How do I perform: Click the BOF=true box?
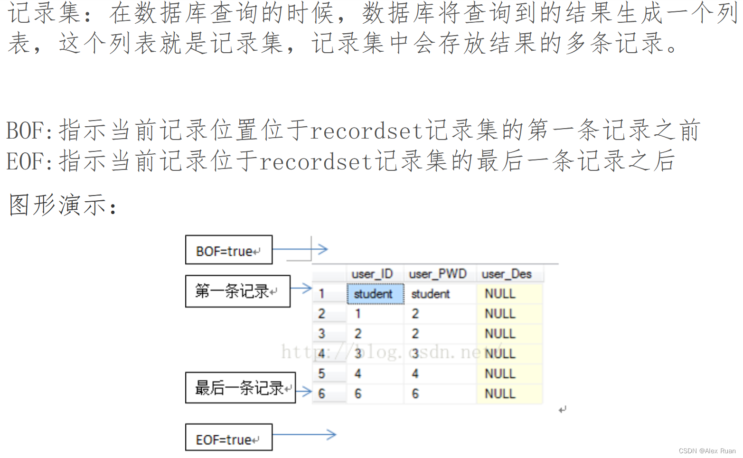point(228,250)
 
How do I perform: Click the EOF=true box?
point(228,438)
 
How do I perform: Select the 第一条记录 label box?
point(237,291)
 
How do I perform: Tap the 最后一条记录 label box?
point(240,388)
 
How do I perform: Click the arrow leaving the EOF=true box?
point(304,434)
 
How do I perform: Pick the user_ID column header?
point(372,274)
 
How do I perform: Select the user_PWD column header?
point(438,274)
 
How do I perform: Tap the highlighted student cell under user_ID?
point(375,294)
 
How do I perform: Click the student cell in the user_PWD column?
point(431,294)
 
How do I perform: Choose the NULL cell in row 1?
point(500,294)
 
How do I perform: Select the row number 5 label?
point(322,374)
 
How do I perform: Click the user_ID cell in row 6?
point(358,393)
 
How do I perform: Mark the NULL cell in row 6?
point(500,393)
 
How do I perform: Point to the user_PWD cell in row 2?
point(415,314)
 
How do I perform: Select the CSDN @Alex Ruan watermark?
point(707,451)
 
